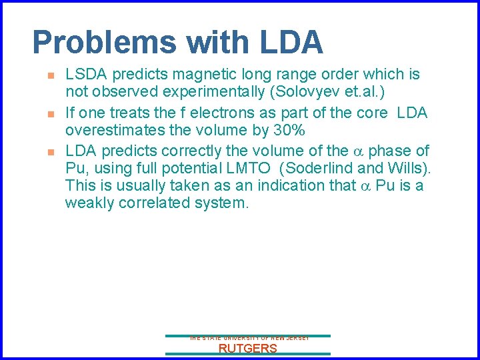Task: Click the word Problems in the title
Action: (104, 43)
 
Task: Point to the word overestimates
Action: (118, 131)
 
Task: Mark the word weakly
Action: (89, 203)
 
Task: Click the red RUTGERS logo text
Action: (247, 348)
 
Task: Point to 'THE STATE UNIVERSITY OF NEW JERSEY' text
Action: (247, 339)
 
